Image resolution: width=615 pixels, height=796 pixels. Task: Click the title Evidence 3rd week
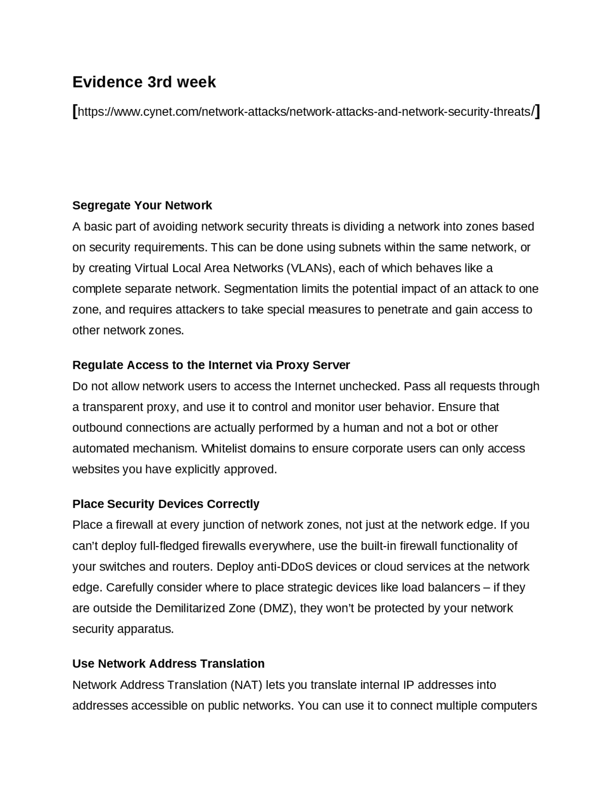coord(144,82)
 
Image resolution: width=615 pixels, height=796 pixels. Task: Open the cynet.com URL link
coord(306,112)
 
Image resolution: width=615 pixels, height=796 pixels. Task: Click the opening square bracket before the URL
coord(74,111)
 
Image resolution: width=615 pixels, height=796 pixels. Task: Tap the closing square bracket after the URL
coord(537,111)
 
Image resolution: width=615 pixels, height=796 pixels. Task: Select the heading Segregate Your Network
coord(142,205)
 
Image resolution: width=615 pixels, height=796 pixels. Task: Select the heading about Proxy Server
coord(211,365)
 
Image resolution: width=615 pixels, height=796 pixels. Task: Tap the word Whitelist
coord(223,448)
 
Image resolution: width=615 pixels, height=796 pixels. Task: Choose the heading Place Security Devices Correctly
coord(166,504)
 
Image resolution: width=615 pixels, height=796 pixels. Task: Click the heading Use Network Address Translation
coord(168,663)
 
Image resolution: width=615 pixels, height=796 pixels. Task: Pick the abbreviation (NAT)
coord(246,684)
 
